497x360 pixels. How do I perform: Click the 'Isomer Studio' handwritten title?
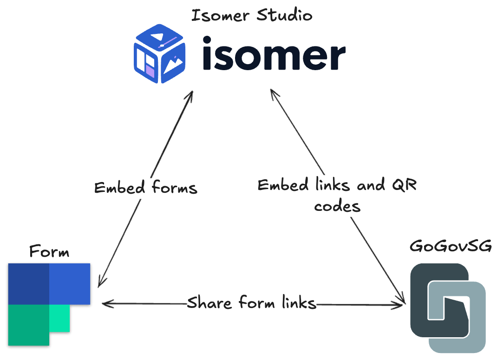(x=252, y=15)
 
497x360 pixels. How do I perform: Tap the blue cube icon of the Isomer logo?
(x=159, y=55)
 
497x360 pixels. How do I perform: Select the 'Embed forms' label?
(x=146, y=188)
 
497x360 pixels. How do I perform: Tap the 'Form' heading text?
(x=49, y=252)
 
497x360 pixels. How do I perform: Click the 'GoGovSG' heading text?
(x=451, y=246)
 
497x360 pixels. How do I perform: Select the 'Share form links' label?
(x=251, y=303)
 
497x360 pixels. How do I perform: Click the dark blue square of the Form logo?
(x=29, y=283)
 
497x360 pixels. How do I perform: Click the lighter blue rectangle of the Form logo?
(x=70, y=283)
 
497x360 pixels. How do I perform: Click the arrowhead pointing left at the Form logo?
(x=106, y=304)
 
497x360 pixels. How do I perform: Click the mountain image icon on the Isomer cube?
(x=172, y=65)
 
